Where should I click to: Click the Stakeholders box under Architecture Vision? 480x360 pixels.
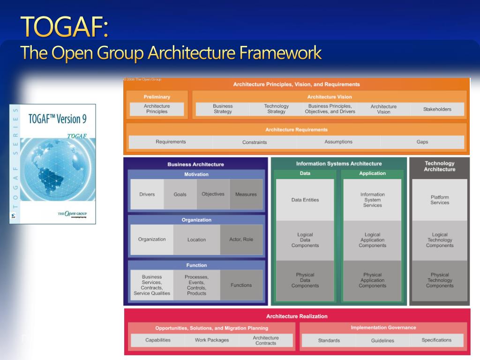[437, 109]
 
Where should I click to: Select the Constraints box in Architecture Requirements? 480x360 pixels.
[255, 142]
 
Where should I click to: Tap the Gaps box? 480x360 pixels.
[422, 142]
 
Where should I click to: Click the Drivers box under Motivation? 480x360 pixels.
[147, 194]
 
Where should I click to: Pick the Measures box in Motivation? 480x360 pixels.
[246, 194]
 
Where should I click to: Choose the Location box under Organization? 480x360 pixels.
[196, 240]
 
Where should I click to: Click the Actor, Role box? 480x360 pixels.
[241, 240]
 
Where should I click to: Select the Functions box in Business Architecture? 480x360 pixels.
[241, 285]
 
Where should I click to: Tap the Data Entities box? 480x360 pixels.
[305, 200]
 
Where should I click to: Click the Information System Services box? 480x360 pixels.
[372, 200]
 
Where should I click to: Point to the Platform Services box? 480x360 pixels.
[440, 200]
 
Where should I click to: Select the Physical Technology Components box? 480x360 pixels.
[440, 280]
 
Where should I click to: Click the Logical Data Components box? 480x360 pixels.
[305, 240]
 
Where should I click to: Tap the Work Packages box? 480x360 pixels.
[212, 340]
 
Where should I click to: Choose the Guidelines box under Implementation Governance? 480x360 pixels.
[382, 340]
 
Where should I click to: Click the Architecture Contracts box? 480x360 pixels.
[266, 340]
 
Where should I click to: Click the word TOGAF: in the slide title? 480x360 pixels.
[65, 27]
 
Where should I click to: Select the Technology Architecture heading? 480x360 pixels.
[439, 166]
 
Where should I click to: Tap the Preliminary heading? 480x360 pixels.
[157, 97]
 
